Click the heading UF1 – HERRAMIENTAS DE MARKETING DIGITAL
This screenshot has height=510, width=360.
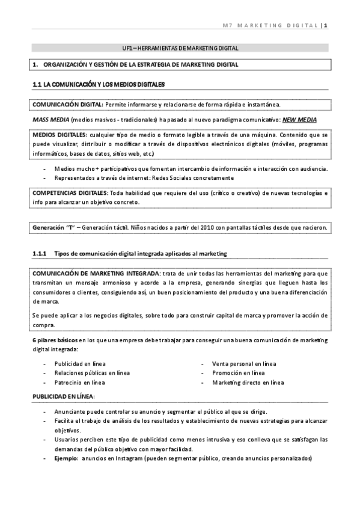click(180, 48)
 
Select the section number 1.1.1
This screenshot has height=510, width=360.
click(41, 253)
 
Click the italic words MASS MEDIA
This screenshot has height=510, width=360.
click(50, 120)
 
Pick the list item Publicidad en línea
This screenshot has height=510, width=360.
click(80, 364)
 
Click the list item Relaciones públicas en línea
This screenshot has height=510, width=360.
click(92, 373)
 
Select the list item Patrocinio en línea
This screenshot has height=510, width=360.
click(80, 382)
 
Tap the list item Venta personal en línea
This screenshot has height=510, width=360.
click(244, 364)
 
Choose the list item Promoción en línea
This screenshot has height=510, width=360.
click(238, 373)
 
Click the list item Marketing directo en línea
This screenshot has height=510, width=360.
click(248, 382)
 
